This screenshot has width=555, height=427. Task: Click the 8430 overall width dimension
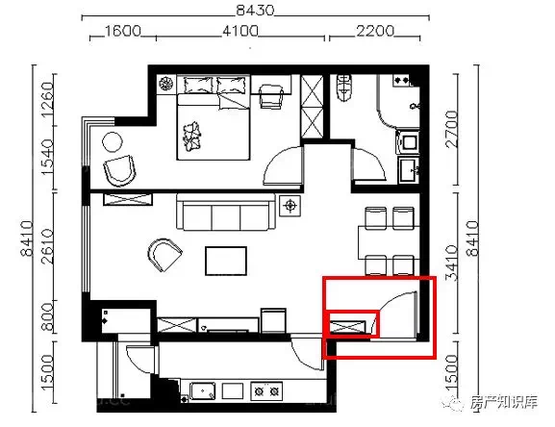255,11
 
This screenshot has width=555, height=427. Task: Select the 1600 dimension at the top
123,32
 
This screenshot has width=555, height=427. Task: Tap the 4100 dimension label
240,32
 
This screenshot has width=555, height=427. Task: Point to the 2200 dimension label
375,32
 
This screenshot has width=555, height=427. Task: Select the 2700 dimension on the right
452,129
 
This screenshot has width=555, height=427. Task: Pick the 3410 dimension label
452,264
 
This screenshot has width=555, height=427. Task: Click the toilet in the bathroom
343,87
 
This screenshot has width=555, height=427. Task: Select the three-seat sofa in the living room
226,212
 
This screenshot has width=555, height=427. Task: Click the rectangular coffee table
226,261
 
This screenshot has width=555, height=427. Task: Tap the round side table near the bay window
113,142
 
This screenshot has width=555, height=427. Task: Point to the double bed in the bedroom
214,118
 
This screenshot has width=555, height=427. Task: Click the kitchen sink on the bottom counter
202,390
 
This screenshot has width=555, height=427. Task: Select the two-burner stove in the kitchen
266,390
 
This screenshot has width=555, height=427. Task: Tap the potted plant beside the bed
165,84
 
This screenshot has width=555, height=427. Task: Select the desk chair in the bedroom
271,96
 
